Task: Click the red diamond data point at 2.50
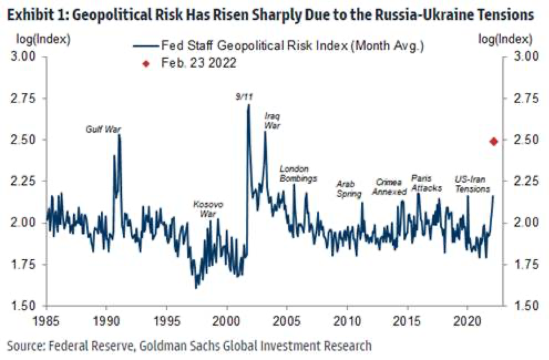(494, 141)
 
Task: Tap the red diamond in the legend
(145, 64)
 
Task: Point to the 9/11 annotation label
(244, 97)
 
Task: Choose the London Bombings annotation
(299, 174)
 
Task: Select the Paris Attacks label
(426, 183)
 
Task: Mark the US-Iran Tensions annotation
(472, 185)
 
